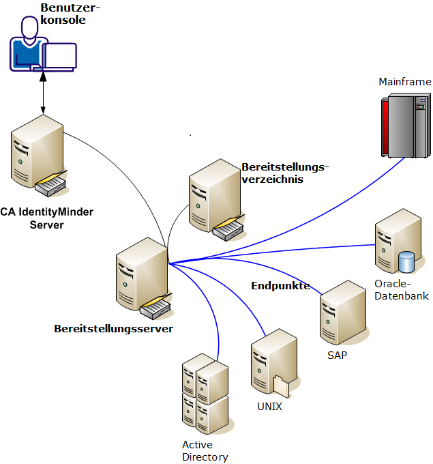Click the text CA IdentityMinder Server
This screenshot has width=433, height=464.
46,218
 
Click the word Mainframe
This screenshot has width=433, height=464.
405,82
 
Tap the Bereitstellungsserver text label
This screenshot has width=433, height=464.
113,329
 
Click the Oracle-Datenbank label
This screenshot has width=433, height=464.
401,289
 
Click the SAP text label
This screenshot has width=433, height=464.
338,355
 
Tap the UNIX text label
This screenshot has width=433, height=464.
269,406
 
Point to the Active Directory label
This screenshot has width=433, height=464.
205,451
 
